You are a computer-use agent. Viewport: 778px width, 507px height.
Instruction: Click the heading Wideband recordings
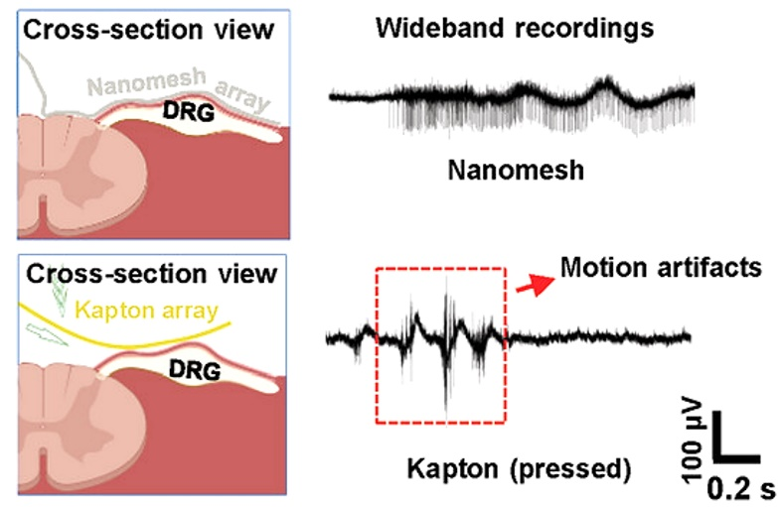click(x=515, y=28)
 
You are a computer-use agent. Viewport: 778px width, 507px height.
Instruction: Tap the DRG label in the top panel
click(x=189, y=112)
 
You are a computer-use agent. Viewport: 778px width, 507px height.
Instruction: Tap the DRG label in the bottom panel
click(x=195, y=370)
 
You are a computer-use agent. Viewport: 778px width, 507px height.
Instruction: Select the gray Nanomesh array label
click(x=179, y=88)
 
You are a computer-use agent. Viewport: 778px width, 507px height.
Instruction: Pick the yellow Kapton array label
click(x=146, y=311)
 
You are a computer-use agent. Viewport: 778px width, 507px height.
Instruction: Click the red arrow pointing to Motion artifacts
click(x=536, y=285)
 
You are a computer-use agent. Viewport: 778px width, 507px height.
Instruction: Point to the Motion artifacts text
click(x=661, y=268)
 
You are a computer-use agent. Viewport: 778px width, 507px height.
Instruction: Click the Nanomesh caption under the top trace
click(x=516, y=171)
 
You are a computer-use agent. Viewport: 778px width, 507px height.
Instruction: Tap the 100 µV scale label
click(x=693, y=440)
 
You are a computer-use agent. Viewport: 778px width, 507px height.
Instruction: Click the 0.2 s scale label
click(x=740, y=489)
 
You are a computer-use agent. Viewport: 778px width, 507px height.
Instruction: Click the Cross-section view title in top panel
click(x=148, y=30)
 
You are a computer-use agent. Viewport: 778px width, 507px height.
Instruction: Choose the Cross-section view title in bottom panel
click(x=151, y=274)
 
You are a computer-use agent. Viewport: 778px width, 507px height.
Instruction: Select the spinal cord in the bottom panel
click(x=81, y=427)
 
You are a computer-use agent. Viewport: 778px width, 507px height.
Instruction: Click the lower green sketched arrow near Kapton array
click(x=46, y=334)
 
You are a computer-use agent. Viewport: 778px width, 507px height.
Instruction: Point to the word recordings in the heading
click(x=584, y=29)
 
